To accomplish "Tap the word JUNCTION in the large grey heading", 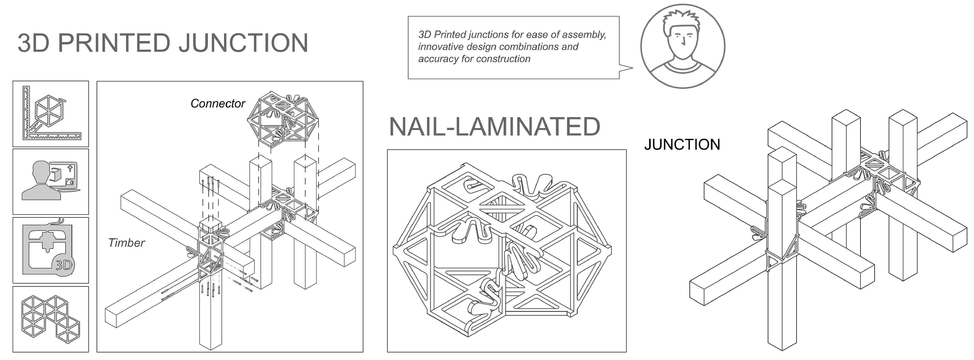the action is [244, 43].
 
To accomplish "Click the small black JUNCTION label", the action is [682, 145].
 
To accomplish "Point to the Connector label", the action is [218, 103].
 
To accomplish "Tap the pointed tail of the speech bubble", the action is [628, 68].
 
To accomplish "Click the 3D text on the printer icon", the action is [64, 265].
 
